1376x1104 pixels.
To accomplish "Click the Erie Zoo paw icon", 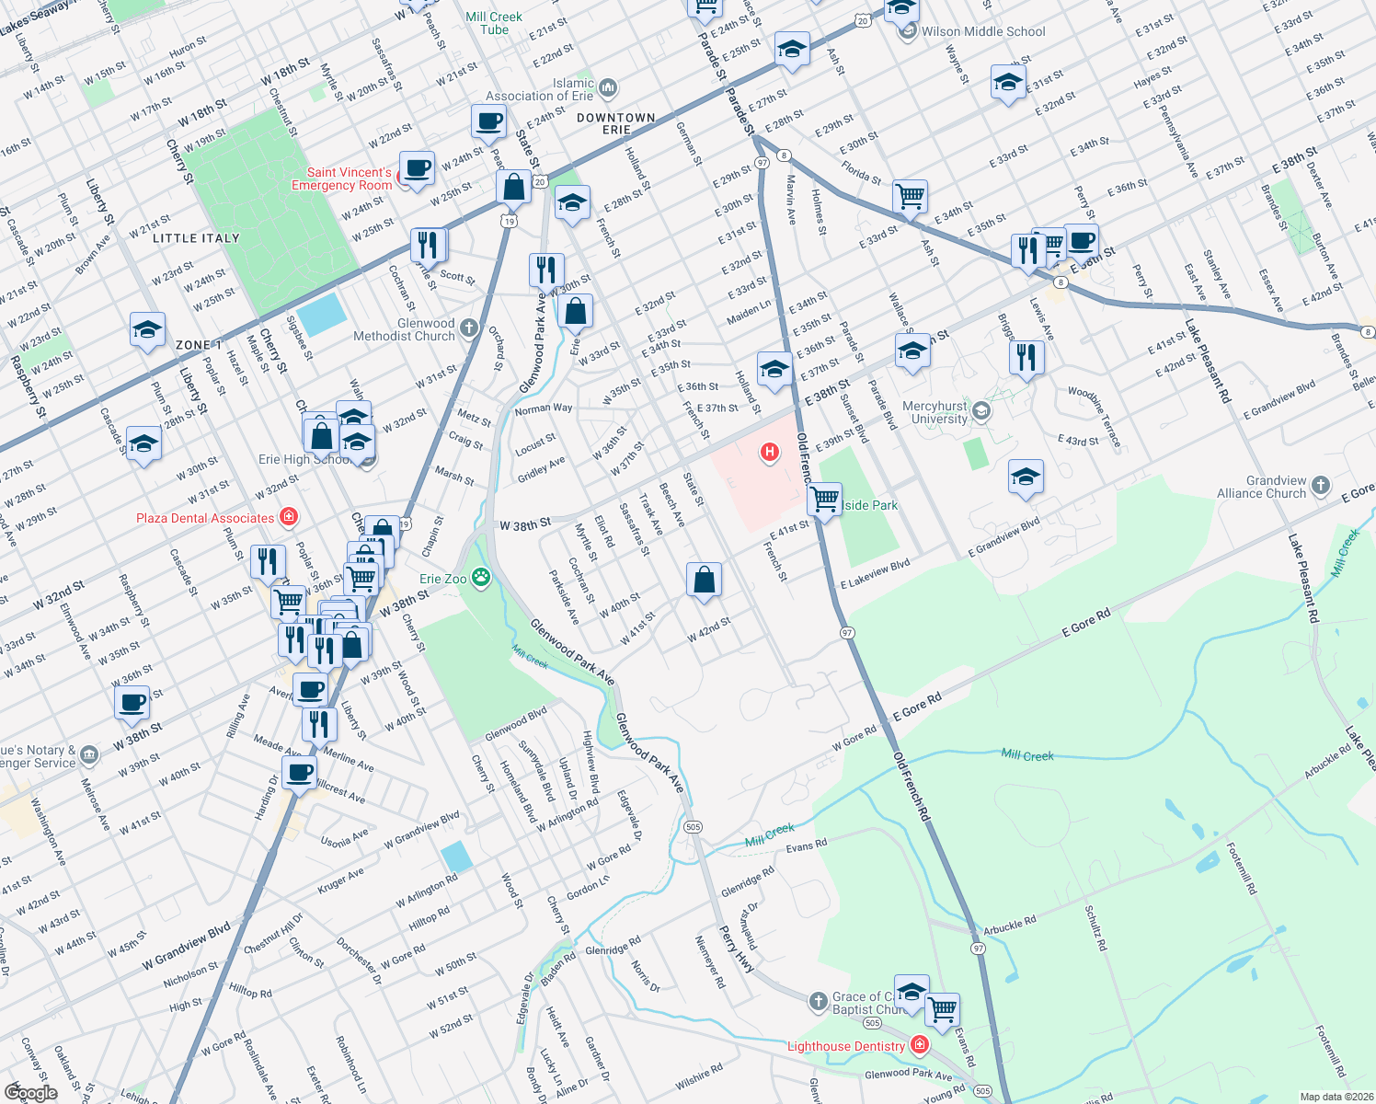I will [480, 578].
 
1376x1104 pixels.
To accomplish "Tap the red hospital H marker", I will [769, 452].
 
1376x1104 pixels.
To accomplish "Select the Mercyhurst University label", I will [935, 412].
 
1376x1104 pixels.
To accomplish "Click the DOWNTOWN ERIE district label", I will [616, 123].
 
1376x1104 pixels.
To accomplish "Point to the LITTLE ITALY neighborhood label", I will [196, 238].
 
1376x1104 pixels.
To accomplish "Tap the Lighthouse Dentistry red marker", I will [918, 1045].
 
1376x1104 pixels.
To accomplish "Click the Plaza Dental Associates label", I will [205, 518].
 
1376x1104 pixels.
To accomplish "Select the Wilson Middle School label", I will [983, 31].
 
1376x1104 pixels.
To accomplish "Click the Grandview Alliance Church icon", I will [1321, 485].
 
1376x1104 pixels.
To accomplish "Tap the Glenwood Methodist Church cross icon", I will [469, 328].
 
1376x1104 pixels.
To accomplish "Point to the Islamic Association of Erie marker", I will [607, 88].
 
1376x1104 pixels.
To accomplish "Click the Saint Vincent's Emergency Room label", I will [343, 178].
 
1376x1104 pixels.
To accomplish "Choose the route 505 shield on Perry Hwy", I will [693, 827].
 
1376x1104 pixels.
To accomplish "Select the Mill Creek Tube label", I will [494, 23].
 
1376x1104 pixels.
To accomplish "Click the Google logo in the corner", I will [30, 1093].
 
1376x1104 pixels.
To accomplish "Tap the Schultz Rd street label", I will [1095, 927].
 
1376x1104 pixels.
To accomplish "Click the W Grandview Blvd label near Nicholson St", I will [186, 947].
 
